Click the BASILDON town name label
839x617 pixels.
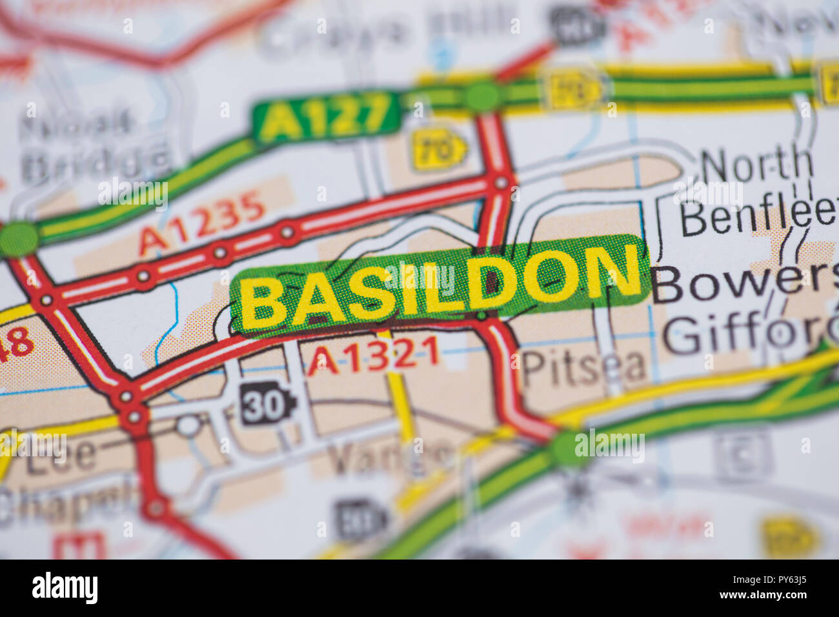click(439, 284)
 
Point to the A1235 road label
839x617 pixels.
click(202, 223)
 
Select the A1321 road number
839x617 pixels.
click(373, 356)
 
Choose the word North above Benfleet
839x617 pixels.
click(756, 165)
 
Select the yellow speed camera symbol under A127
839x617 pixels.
click(439, 149)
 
